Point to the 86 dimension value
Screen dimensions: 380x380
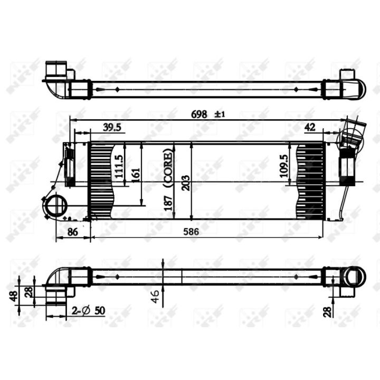point(73,231)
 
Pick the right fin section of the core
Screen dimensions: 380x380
point(311,179)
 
